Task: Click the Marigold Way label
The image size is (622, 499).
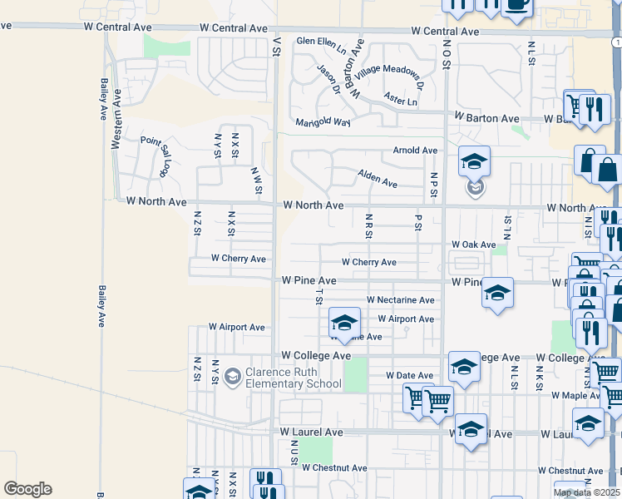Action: click(x=323, y=121)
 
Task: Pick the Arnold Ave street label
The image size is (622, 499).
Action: click(x=415, y=151)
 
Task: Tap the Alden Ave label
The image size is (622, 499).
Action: click(x=378, y=177)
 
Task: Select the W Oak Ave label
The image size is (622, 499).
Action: click(x=473, y=245)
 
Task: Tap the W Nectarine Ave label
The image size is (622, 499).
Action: click(x=400, y=300)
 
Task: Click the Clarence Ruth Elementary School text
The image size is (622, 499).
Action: click(x=294, y=378)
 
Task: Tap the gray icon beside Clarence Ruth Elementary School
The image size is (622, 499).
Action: click(x=232, y=378)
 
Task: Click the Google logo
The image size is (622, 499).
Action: click(x=27, y=489)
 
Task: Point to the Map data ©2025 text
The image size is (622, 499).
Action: click(x=586, y=492)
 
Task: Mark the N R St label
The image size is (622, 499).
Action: click(x=368, y=225)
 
